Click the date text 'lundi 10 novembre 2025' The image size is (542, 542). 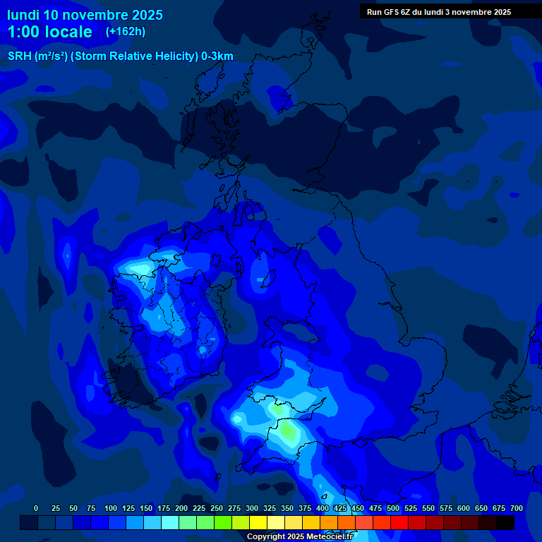85,15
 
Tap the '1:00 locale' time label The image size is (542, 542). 50,32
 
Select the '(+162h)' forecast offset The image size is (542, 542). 126,32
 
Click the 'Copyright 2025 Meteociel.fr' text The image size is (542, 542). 299,536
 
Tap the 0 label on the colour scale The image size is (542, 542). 36,509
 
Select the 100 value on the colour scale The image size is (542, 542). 111,509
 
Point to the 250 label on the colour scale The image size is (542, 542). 217,509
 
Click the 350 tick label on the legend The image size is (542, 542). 287,509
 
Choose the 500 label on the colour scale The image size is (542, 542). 393,509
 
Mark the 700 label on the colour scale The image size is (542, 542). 517,509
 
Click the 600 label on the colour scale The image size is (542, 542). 464,509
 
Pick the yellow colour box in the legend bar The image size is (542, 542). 258,522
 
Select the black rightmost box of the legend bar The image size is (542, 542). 505,522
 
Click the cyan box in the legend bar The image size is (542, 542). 170,522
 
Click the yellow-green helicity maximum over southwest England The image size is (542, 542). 288,428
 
